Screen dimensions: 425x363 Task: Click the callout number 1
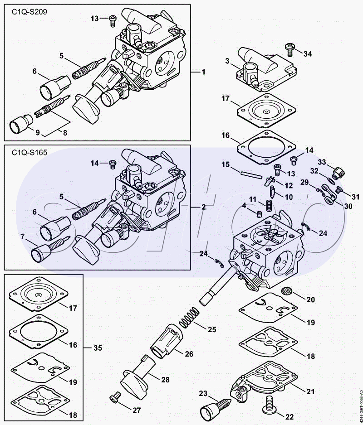(x=204, y=72)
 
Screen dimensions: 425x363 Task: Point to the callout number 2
(x=204, y=207)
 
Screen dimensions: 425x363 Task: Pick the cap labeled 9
(x=20, y=123)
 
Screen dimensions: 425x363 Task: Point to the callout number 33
(x=322, y=162)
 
